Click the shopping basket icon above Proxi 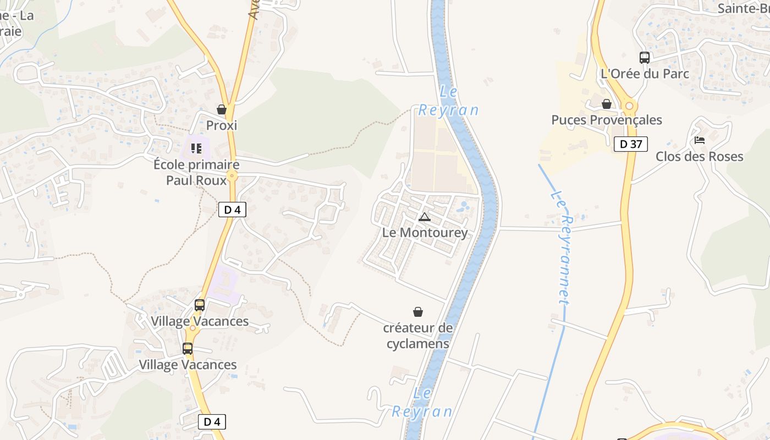pos(222,110)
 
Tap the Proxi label pos(222,125)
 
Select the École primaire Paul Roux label pos(196,172)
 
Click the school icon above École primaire pos(196,148)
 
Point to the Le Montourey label pos(425,233)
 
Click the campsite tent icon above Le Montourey pos(424,217)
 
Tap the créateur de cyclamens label pos(418,335)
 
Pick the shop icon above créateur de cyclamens pos(418,312)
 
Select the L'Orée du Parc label pos(645,73)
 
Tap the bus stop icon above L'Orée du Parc pos(644,57)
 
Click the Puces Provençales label pos(607,120)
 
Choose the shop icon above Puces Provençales pos(607,104)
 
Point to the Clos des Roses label pos(699,156)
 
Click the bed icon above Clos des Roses pos(700,140)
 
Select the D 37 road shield pos(631,144)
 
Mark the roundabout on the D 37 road pos(629,106)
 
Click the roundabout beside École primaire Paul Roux pos(232,177)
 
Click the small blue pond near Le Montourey pos(463,206)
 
